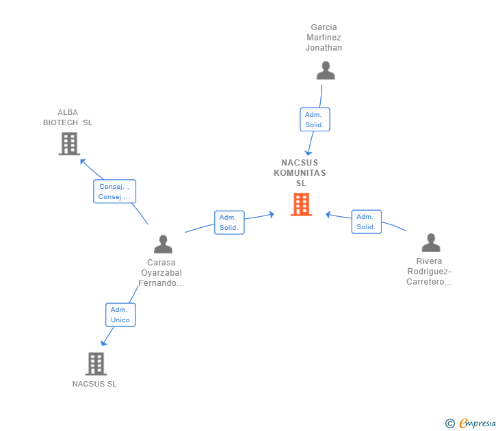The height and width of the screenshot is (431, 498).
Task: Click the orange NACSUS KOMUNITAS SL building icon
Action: pos(301,205)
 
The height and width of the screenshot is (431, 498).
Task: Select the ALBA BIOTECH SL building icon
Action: pos(69,144)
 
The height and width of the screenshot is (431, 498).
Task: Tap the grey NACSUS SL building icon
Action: pos(96,364)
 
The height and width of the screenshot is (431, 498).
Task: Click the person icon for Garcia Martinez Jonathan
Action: pos(326,70)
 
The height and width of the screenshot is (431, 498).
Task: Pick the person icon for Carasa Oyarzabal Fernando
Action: pos(163,244)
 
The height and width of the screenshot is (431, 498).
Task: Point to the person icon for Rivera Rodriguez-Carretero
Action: pos(430,243)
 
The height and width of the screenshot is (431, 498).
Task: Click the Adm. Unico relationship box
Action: pos(120,315)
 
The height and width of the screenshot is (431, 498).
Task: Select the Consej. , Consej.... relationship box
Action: pos(114,192)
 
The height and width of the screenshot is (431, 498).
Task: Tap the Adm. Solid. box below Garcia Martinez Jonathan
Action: pos(315,120)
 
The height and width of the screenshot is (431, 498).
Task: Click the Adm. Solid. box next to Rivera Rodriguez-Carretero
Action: pos(366,222)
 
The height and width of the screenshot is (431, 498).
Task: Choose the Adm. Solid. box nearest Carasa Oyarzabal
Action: pos(229,222)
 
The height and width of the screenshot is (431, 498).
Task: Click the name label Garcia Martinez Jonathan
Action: pos(324,38)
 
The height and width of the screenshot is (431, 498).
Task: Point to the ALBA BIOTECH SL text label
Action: pos(68,118)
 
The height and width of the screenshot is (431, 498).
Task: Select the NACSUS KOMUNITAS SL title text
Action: pos(300,173)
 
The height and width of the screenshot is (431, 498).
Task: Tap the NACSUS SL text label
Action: pos(94,384)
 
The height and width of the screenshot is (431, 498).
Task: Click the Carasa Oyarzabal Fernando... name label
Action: pos(161,272)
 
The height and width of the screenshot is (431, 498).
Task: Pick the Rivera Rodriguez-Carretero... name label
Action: pos(429,271)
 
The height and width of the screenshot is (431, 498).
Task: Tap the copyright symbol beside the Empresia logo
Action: pos(450,423)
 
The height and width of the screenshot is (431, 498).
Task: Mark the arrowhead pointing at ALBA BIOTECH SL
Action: pos(82,161)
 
